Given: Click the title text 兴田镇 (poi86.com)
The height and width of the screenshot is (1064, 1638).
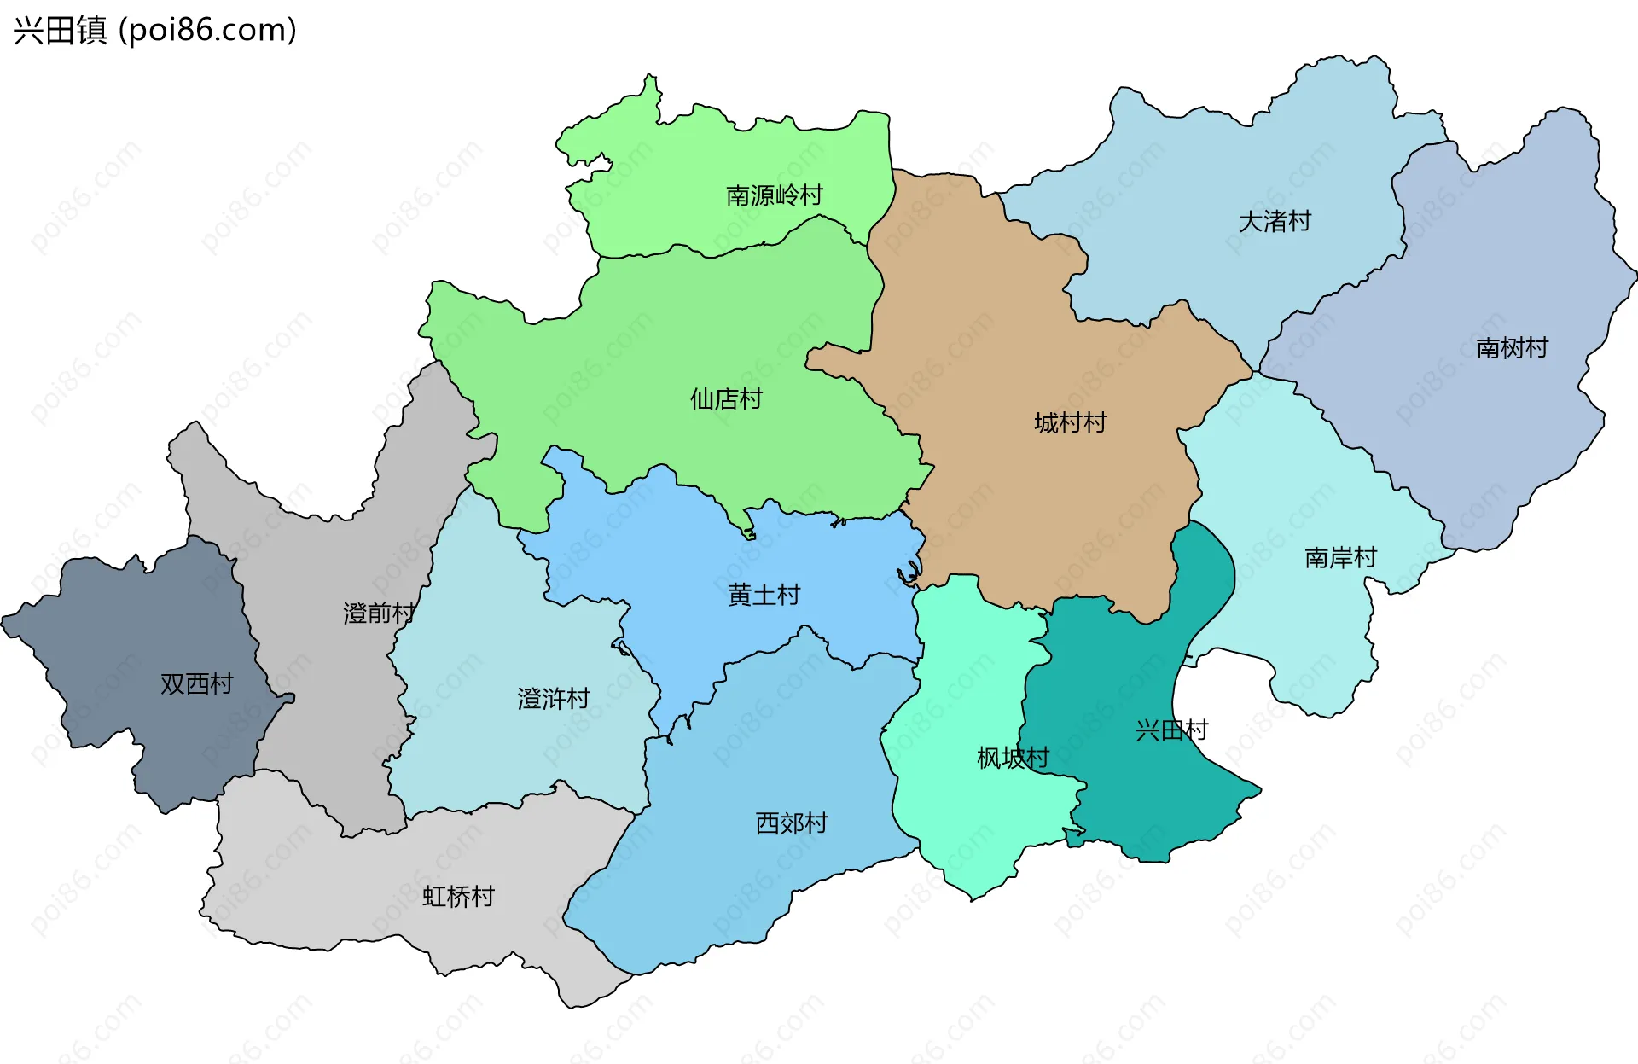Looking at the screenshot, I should (x=154, y=30).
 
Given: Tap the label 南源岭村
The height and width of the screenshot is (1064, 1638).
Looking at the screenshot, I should (x=774, y=195).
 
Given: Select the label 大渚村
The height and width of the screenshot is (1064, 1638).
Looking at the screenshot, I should (x=1274, y=222).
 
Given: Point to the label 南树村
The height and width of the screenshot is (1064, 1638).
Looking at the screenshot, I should (x=1511, y=348).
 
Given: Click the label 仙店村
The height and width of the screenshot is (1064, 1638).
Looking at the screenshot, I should (x=725, y=399).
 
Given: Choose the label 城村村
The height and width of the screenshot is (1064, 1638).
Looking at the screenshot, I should (x=1070, y=423).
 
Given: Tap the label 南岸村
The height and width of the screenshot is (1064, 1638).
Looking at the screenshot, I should (x=1340, y=558).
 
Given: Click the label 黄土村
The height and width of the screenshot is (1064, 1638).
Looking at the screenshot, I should (x=764, y=596).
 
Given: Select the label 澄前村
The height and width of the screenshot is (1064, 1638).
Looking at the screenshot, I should (x=378, y=613).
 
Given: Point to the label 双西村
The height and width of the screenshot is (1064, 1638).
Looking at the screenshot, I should (x=196, y=684).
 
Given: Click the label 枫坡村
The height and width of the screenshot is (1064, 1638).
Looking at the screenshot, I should (x=1012, y=758).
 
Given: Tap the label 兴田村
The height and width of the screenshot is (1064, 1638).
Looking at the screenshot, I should (x=1171, y=730).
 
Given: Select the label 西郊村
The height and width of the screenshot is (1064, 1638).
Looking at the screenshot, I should (x=791, y=823).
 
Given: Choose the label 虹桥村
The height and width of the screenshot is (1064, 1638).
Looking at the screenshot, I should (x=458, y=897).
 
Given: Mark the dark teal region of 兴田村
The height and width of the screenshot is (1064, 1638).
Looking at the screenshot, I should (x=1135, y=794).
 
